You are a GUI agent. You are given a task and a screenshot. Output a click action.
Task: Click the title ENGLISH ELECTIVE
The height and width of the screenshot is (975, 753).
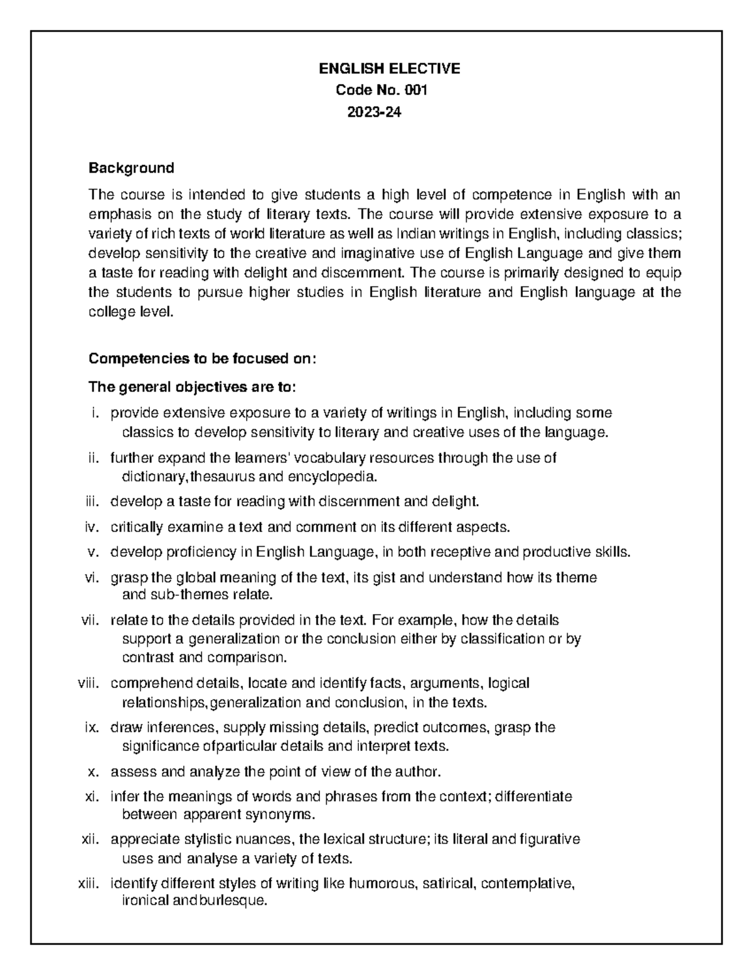coord(390,68)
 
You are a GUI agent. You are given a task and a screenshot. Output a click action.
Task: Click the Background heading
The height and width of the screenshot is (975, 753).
coord(131,168)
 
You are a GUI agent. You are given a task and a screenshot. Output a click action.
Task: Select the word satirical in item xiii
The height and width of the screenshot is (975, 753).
coord(449,883)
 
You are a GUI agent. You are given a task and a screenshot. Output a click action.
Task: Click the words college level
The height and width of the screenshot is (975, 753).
coord(130,312)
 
